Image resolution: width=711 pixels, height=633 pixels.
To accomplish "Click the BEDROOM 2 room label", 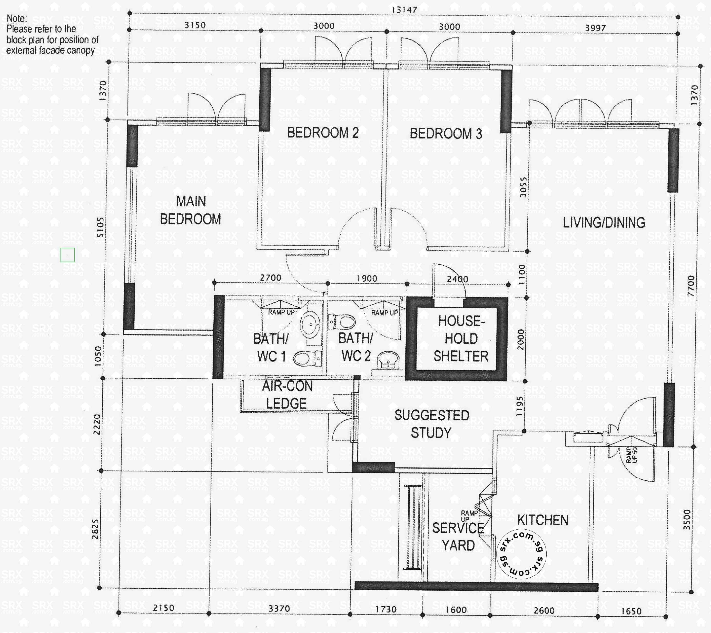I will (322, 133).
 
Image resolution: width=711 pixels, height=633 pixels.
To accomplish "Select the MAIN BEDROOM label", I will (191, 210).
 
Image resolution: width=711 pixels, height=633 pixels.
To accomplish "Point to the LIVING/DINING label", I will (604, 223).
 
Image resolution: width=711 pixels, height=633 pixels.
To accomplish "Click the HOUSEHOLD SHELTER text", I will (461, 338).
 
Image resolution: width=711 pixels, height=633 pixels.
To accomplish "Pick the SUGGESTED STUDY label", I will (431, 424).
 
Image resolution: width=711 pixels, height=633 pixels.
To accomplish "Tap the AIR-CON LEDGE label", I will (287, 395).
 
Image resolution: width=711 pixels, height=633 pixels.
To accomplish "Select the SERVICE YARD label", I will (458, 537).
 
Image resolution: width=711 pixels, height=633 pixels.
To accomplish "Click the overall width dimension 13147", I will (404, 10).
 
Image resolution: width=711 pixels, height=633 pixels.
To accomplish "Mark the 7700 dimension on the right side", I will (691, 286).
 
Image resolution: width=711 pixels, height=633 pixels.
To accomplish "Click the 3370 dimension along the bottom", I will (279, 608).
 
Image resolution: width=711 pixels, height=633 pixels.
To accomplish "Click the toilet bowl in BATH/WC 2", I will (343, 322).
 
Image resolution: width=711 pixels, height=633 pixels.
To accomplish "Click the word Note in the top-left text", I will (16, 18).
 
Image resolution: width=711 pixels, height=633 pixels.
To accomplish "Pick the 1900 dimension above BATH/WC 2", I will (367, 279).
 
